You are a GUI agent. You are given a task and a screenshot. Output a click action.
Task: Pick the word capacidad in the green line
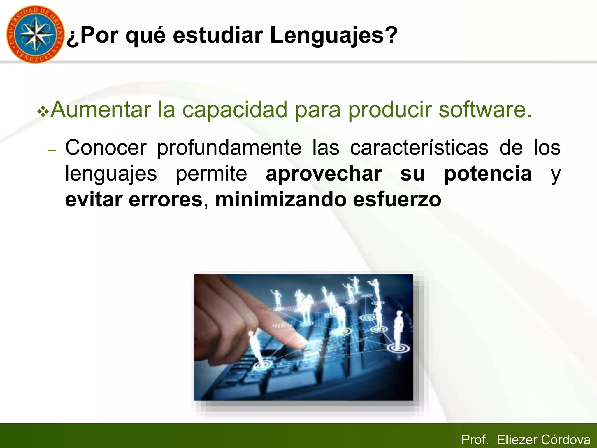tap(235, 110)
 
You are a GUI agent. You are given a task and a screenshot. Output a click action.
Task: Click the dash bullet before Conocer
tap(52, 150)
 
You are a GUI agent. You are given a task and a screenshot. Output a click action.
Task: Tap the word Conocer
tap(106, 148)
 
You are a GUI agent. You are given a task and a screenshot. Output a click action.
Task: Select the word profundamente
tap(229, 148)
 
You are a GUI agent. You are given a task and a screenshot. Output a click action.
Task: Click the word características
tap(419, 148)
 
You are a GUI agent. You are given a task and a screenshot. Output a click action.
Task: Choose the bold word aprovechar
tap(324, 174)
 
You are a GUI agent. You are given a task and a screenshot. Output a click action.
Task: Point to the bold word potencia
tap(488, 174)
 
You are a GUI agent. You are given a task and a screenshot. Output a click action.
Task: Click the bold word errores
tap(166, 200)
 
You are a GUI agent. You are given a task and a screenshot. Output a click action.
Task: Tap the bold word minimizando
tap(280, 200)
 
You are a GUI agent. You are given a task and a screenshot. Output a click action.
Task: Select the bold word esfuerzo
tap(397, 200)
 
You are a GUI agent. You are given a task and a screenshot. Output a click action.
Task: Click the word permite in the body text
tap(211, 174)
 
